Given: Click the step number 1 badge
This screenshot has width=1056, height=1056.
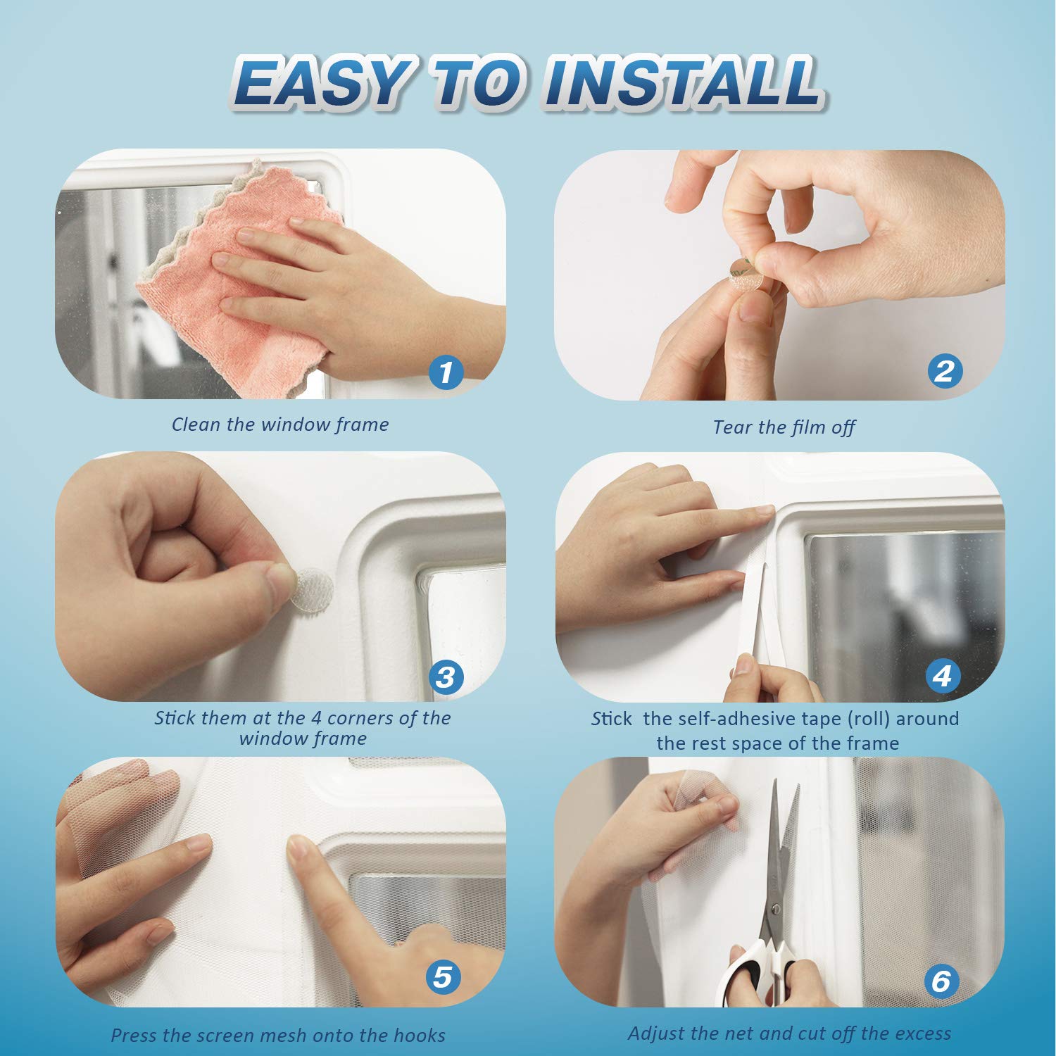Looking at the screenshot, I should click(x=446, y=371).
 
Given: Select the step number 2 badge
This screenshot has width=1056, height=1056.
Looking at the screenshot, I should click(x=944, y=370).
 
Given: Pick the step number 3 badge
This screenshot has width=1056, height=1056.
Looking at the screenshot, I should click(x=446, y=677).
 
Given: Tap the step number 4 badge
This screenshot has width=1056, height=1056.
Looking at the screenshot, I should click(x=943, y=676).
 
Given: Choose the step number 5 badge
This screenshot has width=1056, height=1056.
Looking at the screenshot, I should click(x=443, y=976).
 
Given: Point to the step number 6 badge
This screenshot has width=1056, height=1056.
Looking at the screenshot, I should click(x=941, y=980).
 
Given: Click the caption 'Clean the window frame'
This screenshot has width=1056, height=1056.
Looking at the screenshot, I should click(x=280, y=425).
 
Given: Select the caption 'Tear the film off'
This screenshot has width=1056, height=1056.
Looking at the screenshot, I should click(x=784, y=427).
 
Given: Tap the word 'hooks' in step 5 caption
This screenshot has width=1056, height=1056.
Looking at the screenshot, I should click(x=420, y=1035).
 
